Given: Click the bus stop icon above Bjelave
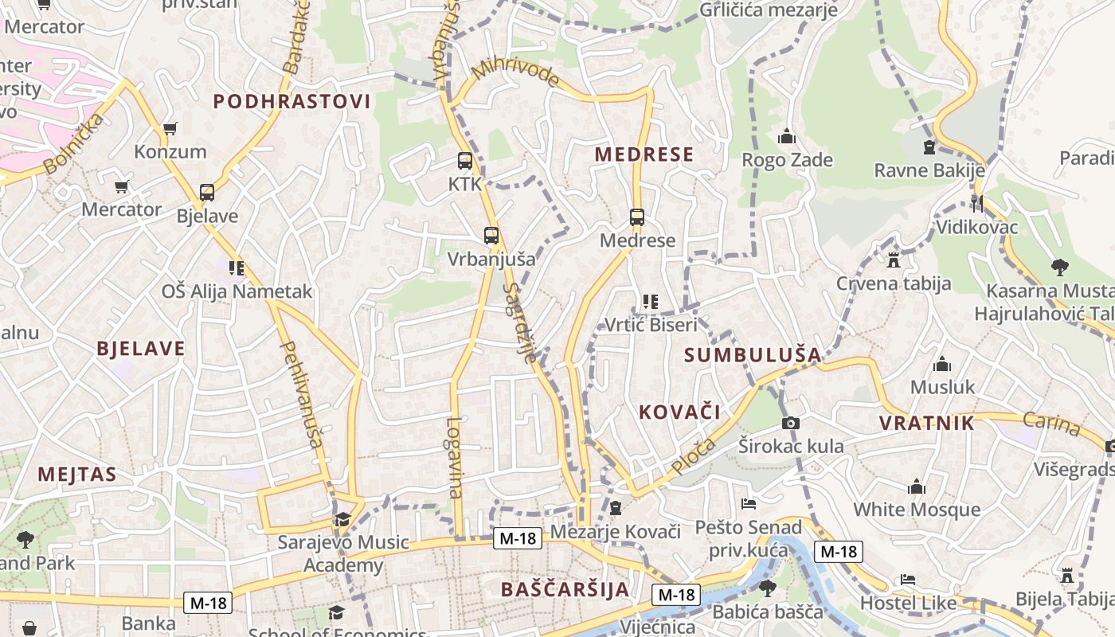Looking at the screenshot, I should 207,192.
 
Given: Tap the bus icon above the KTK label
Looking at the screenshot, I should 465,160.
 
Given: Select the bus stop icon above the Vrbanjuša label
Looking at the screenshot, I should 491,235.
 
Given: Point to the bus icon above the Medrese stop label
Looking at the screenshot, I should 637,217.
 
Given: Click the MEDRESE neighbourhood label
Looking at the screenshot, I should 644,154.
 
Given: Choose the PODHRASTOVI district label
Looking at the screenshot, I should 292,101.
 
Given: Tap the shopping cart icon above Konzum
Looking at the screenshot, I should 170,128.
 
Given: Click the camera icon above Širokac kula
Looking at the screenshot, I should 791,423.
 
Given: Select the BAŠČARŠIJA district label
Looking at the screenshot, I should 565,589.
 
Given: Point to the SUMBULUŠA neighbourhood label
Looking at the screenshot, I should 753,355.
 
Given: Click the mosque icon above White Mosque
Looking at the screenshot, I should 917,487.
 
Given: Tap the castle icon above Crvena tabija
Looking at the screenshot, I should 894,260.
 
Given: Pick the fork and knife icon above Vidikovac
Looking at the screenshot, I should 977,204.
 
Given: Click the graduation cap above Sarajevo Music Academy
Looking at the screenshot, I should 342,520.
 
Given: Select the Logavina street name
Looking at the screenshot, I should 454,458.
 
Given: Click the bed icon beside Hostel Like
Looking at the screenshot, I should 907,579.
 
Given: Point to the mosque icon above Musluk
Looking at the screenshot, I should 942,364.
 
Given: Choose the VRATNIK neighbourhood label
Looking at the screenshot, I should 927,423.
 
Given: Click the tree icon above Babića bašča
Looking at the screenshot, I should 768,588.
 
